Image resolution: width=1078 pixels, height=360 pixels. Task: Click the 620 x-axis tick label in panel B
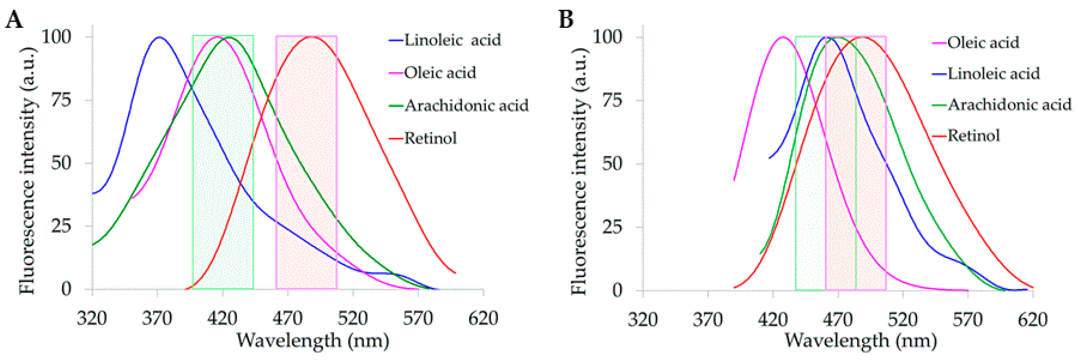[x=1032, y=320]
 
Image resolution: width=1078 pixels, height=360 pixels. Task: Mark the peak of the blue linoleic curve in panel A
[x=159, y=37]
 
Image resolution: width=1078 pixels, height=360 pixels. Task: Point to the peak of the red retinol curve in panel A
[x=312, y=37]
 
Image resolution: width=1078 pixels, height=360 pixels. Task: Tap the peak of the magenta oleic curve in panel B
[x=783, y=37]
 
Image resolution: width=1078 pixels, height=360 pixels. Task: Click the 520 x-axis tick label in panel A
[x=353, y=319]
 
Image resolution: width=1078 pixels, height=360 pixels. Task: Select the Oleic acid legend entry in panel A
[x=439, y=73]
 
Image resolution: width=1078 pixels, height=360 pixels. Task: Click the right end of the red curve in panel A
[x=455, y=273]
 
